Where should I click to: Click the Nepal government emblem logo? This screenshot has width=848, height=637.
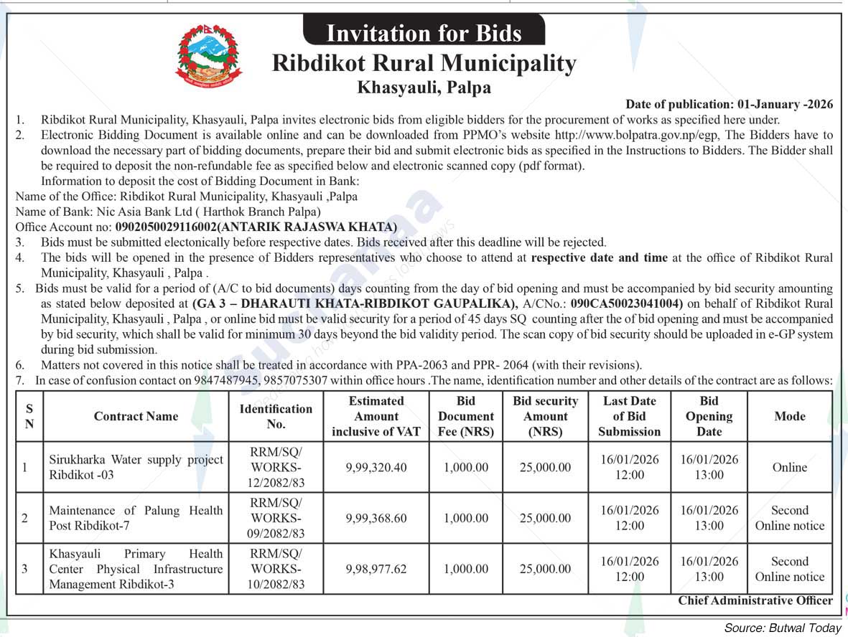[209, 55]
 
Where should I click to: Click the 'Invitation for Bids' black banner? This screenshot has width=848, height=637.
[424, 32]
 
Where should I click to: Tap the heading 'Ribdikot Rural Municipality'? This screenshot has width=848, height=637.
[424, 63]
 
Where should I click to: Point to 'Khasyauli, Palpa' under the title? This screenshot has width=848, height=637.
[424, 88]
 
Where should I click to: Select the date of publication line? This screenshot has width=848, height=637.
[729, 104]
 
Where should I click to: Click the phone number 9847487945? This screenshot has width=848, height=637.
[225, 380]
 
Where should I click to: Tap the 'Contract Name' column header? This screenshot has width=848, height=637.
[136, 416]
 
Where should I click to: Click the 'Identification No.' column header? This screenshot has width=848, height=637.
[276, 416]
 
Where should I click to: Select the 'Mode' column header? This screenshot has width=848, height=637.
[790, 416]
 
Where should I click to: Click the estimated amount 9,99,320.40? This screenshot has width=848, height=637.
[376, 467]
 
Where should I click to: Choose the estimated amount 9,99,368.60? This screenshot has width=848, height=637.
[376, 518]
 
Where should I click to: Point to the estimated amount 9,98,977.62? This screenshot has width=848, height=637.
[376, 569]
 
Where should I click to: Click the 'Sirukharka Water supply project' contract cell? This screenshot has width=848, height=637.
[136, 467]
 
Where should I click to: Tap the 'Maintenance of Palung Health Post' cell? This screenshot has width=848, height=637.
[136, 518]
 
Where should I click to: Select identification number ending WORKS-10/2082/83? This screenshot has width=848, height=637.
[276, 569]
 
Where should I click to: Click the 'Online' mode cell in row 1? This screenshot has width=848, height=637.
[790, 467]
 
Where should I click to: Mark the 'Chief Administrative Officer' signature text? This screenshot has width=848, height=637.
[755, 601]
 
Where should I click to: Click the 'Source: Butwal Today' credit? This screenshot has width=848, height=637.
[782, 628]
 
